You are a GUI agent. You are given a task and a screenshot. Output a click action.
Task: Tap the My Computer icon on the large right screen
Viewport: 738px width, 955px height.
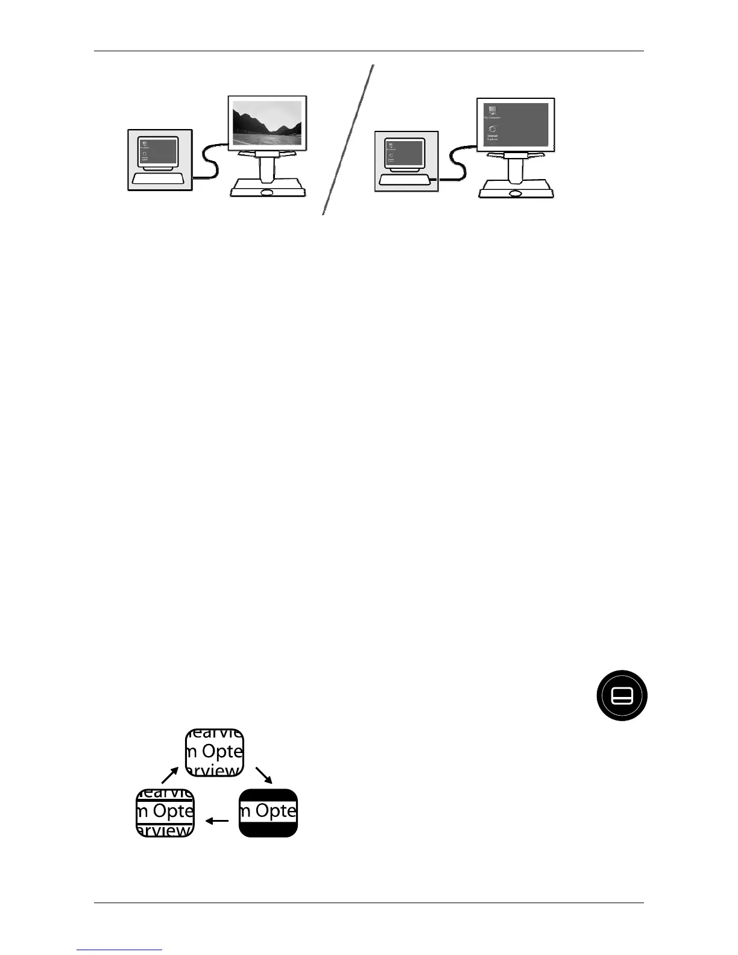(492, 112)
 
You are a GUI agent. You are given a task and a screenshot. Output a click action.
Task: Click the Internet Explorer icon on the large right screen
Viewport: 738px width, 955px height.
(493, 132)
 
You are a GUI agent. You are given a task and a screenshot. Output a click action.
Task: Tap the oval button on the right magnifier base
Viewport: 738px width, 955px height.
(515, 194)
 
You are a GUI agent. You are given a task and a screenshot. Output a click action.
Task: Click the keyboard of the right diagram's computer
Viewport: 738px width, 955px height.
(405, 180)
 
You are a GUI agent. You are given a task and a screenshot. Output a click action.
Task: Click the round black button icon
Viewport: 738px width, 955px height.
(622, 695)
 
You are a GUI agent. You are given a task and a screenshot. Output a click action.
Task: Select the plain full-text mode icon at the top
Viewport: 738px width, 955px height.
(214, 752)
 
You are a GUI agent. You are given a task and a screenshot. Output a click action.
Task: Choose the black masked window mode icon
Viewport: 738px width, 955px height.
(268, 812)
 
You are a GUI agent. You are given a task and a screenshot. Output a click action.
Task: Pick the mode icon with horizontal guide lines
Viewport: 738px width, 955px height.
(165, 812)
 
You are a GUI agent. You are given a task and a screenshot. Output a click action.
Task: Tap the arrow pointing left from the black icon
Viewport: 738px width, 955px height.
(217, 821)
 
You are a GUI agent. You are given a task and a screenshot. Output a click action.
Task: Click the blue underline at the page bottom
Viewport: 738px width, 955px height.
(119, 950)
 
